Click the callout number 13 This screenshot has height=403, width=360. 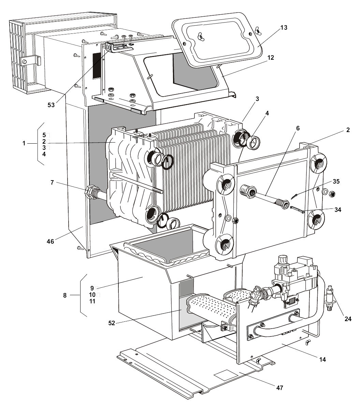(284, 28)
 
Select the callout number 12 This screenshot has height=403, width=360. (280, 58)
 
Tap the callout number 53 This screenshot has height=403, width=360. (51, 105)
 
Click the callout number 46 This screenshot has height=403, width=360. (50, 241)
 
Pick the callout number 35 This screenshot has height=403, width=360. (336, 181)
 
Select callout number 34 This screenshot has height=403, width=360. (337, 210)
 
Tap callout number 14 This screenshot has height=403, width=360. (322, 359)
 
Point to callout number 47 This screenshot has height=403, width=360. (279, 388)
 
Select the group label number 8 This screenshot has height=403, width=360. (65, 296)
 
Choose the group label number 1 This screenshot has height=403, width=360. (24, 144)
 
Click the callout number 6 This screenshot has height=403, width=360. (298, 128)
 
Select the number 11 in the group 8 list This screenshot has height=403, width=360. (92, 301)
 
